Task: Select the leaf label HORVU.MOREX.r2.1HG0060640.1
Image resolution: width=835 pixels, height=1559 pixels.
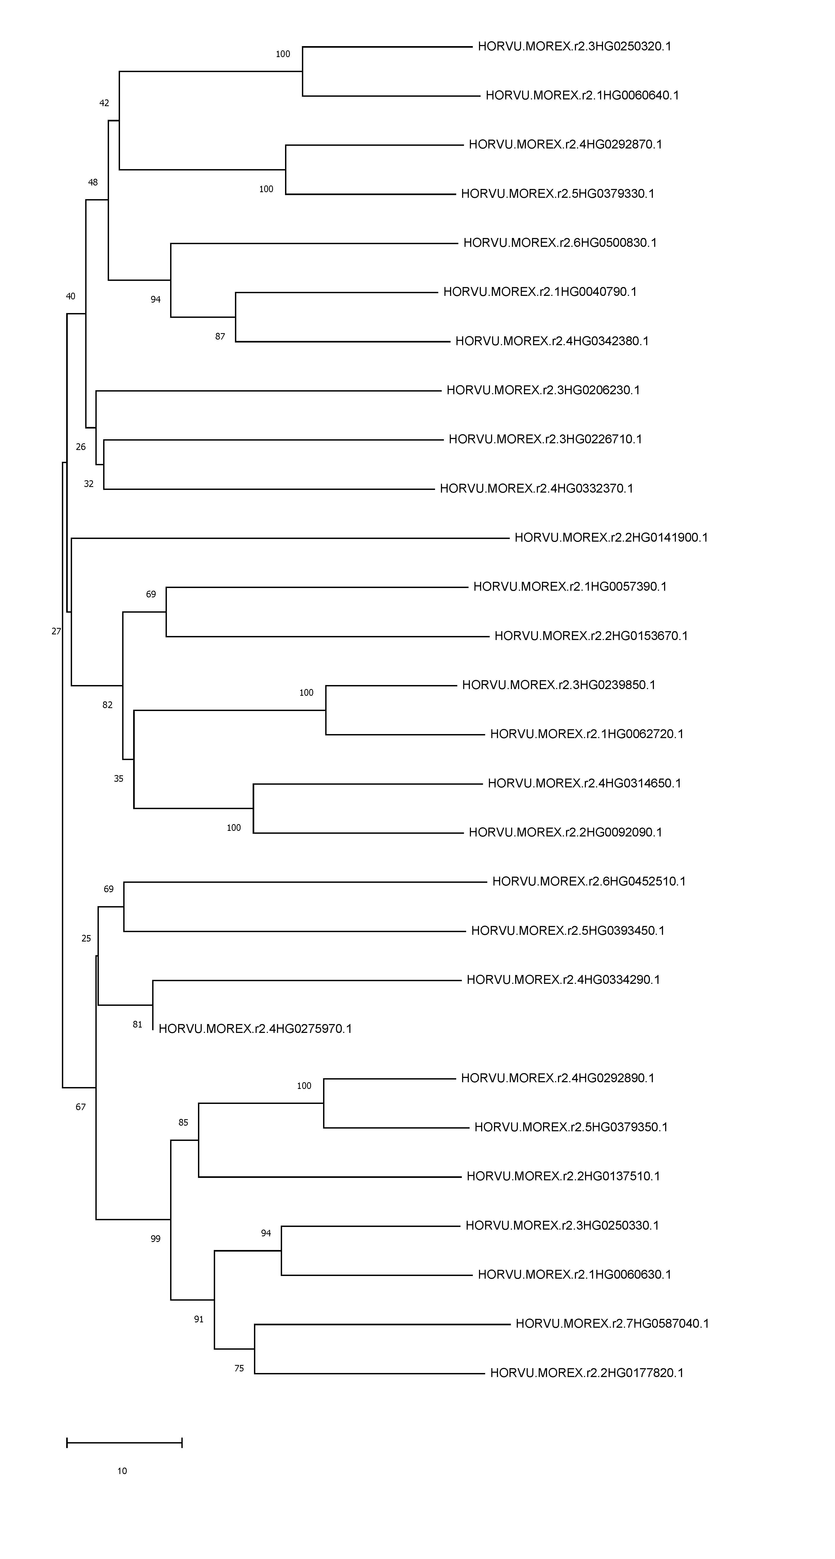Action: coord(582,96)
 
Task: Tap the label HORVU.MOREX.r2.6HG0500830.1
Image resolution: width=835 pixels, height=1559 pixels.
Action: coord(560,243)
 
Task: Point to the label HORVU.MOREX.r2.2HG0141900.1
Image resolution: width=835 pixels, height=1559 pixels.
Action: coord(611,537)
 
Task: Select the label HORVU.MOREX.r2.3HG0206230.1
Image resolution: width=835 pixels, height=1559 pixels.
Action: coord(543,390)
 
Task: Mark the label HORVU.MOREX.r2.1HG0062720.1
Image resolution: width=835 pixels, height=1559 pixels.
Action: coord(586,734)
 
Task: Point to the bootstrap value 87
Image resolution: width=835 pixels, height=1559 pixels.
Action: coord(220,337)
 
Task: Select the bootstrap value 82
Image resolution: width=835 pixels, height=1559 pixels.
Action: coord(108,705)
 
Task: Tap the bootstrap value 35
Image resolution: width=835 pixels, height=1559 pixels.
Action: coord(119,779)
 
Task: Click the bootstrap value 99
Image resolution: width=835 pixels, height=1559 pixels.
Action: coord(155,1239)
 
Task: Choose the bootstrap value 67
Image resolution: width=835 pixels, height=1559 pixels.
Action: coord(80,1107)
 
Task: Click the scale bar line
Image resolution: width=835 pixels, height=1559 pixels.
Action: coord(124,1443)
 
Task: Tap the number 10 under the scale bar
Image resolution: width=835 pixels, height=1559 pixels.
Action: coord(122,1471)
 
